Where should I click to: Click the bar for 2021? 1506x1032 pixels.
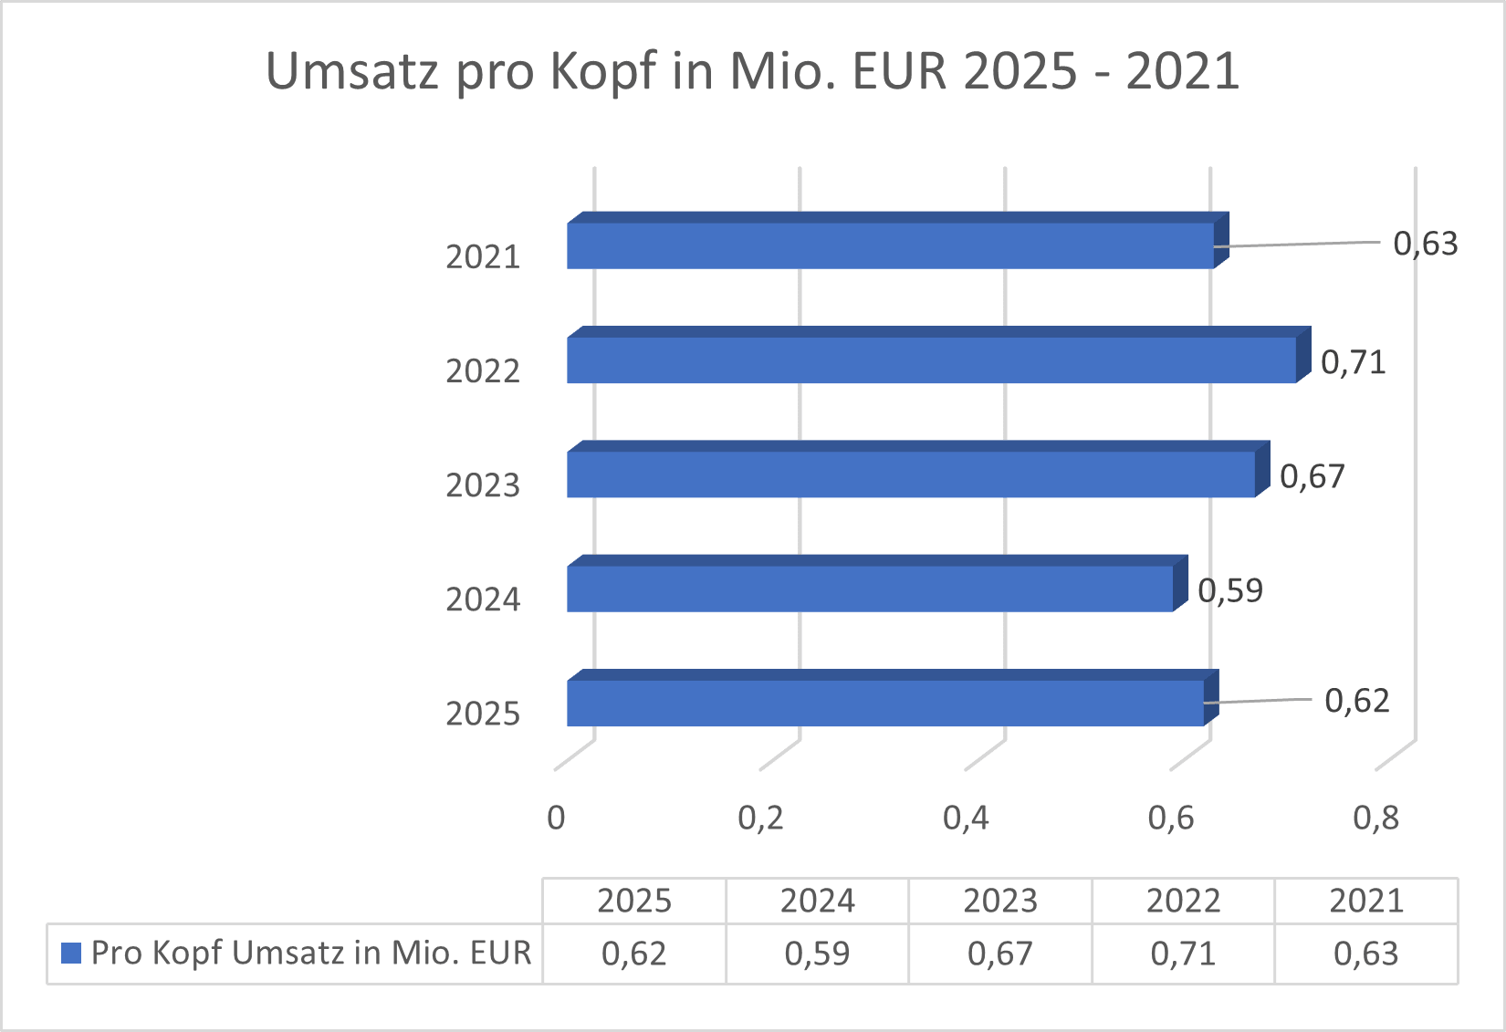[x=890, y=245]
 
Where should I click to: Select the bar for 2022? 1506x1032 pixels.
[x=931, y=360]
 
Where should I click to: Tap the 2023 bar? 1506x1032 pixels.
[x=911, y=474]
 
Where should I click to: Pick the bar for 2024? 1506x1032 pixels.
[x=870, y=588]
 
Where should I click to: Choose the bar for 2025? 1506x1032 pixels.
[x=885, y=703]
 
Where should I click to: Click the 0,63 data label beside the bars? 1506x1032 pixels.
[x=1425, y=245]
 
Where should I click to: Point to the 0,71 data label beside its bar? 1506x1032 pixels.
[x=1353, y=363]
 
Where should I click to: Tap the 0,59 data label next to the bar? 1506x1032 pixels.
[x=1229, y=591]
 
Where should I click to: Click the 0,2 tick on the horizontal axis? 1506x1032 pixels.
[x=760, y=818]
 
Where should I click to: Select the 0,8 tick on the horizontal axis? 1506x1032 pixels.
[x=1375, y=818]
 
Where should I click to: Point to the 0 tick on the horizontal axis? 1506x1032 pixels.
[x=556, y=818]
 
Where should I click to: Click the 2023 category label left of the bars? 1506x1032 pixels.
[x=483, y=485]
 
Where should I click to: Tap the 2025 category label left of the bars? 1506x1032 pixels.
[x=483, y=714]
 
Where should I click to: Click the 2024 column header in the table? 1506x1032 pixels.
[x=817, y=902]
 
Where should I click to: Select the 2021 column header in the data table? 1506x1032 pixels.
[x=1365, y=902]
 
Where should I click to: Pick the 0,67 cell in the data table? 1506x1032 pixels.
[x=999, y=954]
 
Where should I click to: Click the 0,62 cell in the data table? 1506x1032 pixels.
[x=633, y=954]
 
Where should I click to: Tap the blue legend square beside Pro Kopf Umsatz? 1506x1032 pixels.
[x=71, y=953]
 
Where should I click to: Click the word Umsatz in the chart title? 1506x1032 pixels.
[x=352, y=71]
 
